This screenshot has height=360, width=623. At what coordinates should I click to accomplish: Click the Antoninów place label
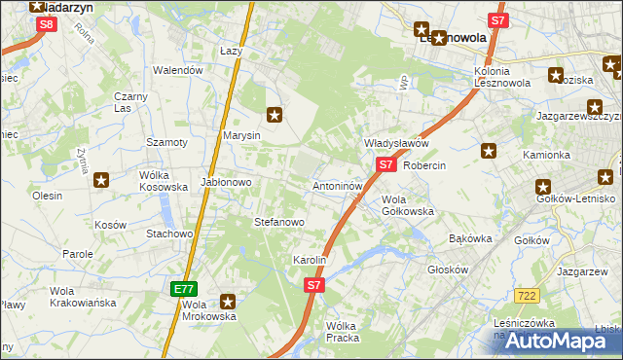pyautogui.click(x=338, y=185)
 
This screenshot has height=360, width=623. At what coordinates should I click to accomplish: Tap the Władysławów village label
pyautogui.click(x=396, y=143)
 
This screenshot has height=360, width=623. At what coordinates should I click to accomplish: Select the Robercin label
pyautogui.click(x=423, y=165)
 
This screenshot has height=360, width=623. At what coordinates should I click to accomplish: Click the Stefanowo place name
pyautogui.click(x=279, y=222)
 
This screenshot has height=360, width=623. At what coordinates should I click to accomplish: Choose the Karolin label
pyautogui.click(x=310, y=261)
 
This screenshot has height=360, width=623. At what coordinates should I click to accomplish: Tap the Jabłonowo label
pyautogui.click(x=227, y=182)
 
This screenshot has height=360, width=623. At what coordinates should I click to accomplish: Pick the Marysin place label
pyautogui.click(x=241, y=135)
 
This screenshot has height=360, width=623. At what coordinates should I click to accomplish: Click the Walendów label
pyautogui.click(x=178, y=70)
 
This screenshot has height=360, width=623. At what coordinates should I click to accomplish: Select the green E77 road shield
pyautogui.click(x=184, y=288)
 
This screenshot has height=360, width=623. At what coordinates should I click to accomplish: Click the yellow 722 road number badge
pyautogui.click(x=529, y=294)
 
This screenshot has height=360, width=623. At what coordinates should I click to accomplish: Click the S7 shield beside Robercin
pyautogui.click(x=386, y=165)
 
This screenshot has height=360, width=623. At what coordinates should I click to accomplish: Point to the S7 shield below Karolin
pyautogui.click(x=313, y=285)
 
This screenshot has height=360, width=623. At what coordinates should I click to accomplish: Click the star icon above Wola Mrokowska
pyautogui.click(x=228, y=302)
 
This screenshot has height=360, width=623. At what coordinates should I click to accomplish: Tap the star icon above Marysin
pyautogui.click(x=275, y=115)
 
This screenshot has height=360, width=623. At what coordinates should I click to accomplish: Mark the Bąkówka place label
pyautogui.click(x=471, y=238)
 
